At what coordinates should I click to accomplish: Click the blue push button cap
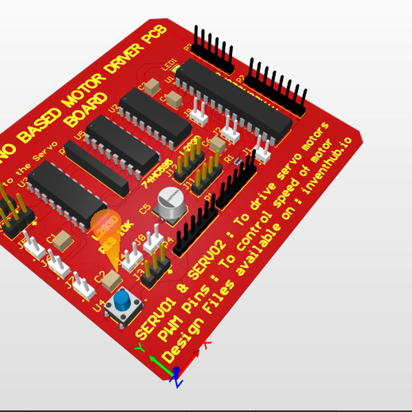tap(124, 300)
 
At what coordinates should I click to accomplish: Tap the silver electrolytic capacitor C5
tap(169, 203)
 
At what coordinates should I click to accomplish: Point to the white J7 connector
tap(84, 287)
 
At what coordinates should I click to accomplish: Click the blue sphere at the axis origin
tap(176, 371)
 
